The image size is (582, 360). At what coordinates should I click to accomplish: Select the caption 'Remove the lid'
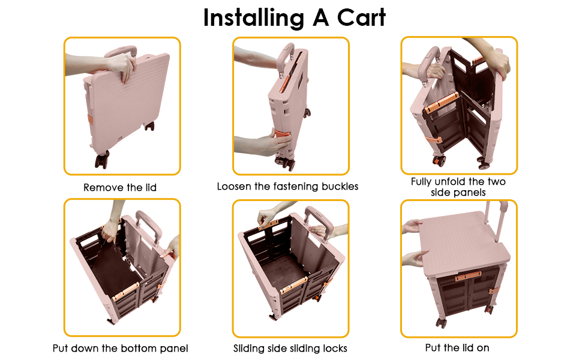pyautogui.click(x=120, y=188)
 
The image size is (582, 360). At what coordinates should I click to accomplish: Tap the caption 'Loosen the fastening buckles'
pyautogui.click(x=287, y=187)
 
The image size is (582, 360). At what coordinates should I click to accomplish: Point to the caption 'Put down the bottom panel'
pyautogui.click(x=120, y=348)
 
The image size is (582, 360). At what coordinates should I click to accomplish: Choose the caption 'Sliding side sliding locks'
pyautogui.click(x=290, y=348)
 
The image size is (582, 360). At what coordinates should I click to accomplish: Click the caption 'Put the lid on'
pyautogui.click(x=457, y=348)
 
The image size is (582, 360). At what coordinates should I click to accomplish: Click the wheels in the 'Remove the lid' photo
pyautogui.click(x=102, y=159)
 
